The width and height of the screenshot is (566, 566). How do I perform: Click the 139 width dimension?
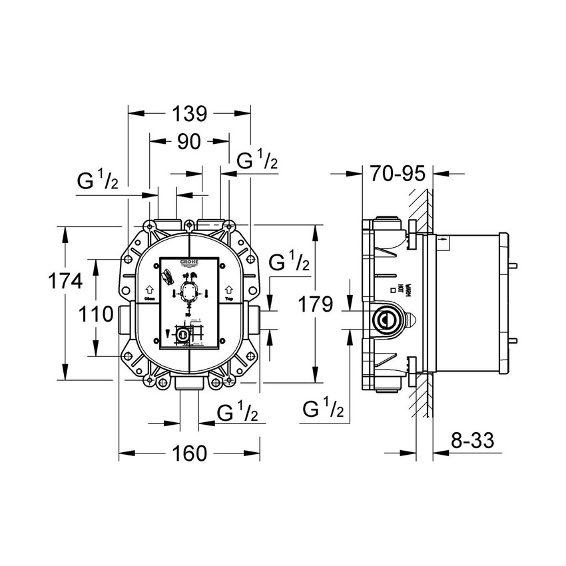click(189, 113)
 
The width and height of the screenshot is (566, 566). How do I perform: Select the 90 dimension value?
click(190, 141)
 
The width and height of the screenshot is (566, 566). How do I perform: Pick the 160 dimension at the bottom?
click(189, 453)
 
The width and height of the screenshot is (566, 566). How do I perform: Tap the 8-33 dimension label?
click(473, 441)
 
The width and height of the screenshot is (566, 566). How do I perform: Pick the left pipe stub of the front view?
click(121, 319)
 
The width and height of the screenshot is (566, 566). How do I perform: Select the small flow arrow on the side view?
click(442, 238)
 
